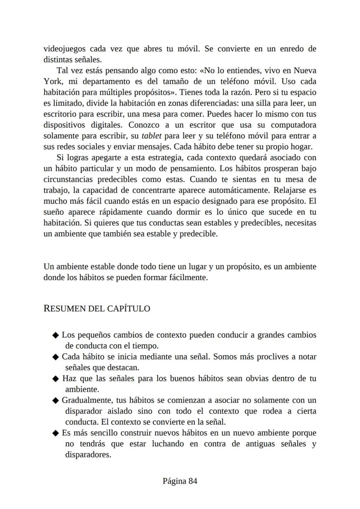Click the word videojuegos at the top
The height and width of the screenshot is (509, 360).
point(64,49)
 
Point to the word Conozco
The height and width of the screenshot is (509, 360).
point(144,125)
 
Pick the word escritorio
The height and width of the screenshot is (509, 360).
point(61,114)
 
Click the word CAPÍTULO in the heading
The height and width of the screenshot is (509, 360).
point(130,309)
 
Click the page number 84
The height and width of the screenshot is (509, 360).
point(193,481)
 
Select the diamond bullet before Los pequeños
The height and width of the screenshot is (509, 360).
point(55,335)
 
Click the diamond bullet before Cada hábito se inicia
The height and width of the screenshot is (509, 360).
point(55,357)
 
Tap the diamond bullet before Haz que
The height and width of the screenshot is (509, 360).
point(55,379)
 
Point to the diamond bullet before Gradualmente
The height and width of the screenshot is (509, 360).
point(55,400)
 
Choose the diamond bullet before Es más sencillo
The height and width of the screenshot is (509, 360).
point(55,433)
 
